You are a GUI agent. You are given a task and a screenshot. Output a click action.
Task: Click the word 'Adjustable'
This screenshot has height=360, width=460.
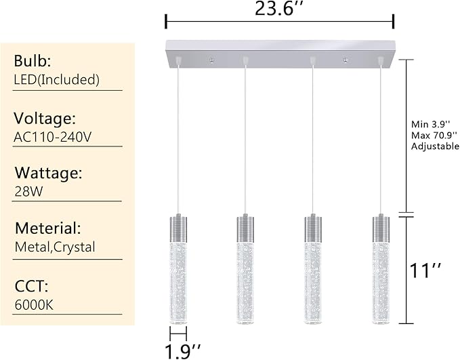coord(435,146)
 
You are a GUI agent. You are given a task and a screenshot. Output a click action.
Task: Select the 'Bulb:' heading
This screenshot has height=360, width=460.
coord(33,60)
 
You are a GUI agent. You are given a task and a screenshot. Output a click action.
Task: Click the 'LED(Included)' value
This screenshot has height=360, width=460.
coord(57,79)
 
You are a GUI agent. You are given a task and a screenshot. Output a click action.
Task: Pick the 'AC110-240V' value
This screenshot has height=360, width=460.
coord(52,137)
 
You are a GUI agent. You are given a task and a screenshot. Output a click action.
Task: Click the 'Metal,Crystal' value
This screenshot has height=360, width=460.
coord(55,247)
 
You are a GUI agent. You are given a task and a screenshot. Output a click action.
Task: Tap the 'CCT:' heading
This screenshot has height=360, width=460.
coord(29,285)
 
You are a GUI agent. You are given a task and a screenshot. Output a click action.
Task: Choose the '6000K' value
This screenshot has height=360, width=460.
coord(33,304)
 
